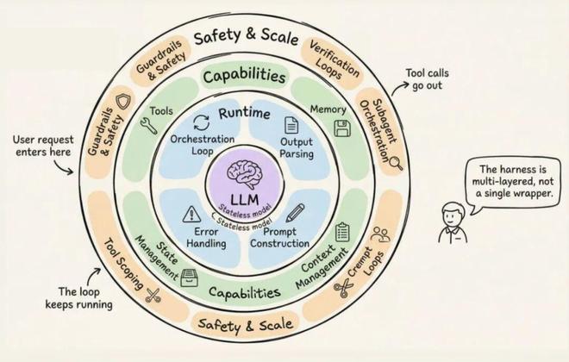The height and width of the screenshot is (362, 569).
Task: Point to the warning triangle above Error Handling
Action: tap(192, 215)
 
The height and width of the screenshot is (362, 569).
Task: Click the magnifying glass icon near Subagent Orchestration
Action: tap(396, 161)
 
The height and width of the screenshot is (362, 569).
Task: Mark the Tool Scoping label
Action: tap(121, 259)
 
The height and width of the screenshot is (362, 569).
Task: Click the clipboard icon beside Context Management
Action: tap(342, 232)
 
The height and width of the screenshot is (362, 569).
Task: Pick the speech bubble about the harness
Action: tap(510, 181)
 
